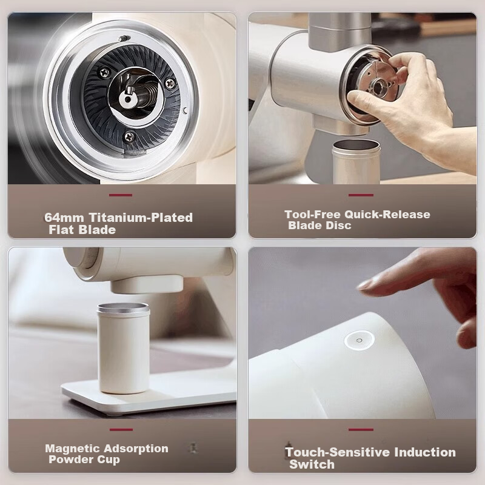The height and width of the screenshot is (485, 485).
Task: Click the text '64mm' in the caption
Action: (64, 218)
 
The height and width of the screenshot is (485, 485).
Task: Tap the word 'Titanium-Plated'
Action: (141, 218)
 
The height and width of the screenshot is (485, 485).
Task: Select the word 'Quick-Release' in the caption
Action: (387, 215)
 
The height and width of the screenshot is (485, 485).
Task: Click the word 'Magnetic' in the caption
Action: (72, 448)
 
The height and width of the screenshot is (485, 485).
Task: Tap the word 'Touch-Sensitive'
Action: (337, 452)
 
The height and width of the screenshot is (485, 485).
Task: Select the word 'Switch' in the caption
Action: (312, 464)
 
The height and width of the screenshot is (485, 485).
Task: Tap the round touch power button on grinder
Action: (359, 340)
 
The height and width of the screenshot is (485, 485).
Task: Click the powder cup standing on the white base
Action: (124, 347)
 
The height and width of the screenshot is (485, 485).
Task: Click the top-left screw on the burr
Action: (104, 73)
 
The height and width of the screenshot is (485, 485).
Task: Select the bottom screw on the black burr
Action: (129, 136)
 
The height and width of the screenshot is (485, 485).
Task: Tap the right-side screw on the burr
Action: (170, 83)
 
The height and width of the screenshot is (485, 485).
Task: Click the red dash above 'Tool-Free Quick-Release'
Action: (361, 195)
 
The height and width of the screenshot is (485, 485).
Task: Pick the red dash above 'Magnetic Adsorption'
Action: (121, 430)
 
